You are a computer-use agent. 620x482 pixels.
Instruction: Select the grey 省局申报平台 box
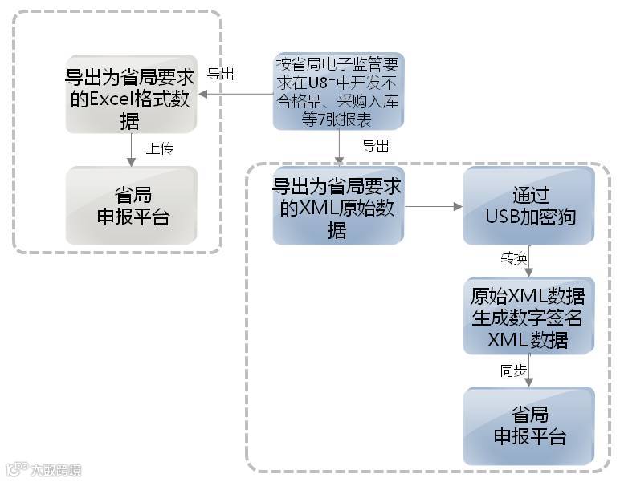tap(132, 205)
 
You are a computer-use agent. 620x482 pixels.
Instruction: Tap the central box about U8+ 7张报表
tap(337, 91)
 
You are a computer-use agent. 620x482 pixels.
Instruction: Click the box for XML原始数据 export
tap(338, 206)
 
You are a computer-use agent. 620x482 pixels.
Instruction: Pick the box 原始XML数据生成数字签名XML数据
tap(528, 316)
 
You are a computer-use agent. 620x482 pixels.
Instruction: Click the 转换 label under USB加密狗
tap(514, 259)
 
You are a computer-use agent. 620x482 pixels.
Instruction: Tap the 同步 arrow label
tap(513, 371)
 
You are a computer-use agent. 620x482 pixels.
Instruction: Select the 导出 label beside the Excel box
tap(221, 74)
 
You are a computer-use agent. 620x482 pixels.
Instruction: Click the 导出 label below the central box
tap(375, 146)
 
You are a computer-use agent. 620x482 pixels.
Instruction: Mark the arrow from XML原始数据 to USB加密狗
tap(434, 207)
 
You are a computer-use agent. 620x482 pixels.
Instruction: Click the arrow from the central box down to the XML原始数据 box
tap(339, 148)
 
